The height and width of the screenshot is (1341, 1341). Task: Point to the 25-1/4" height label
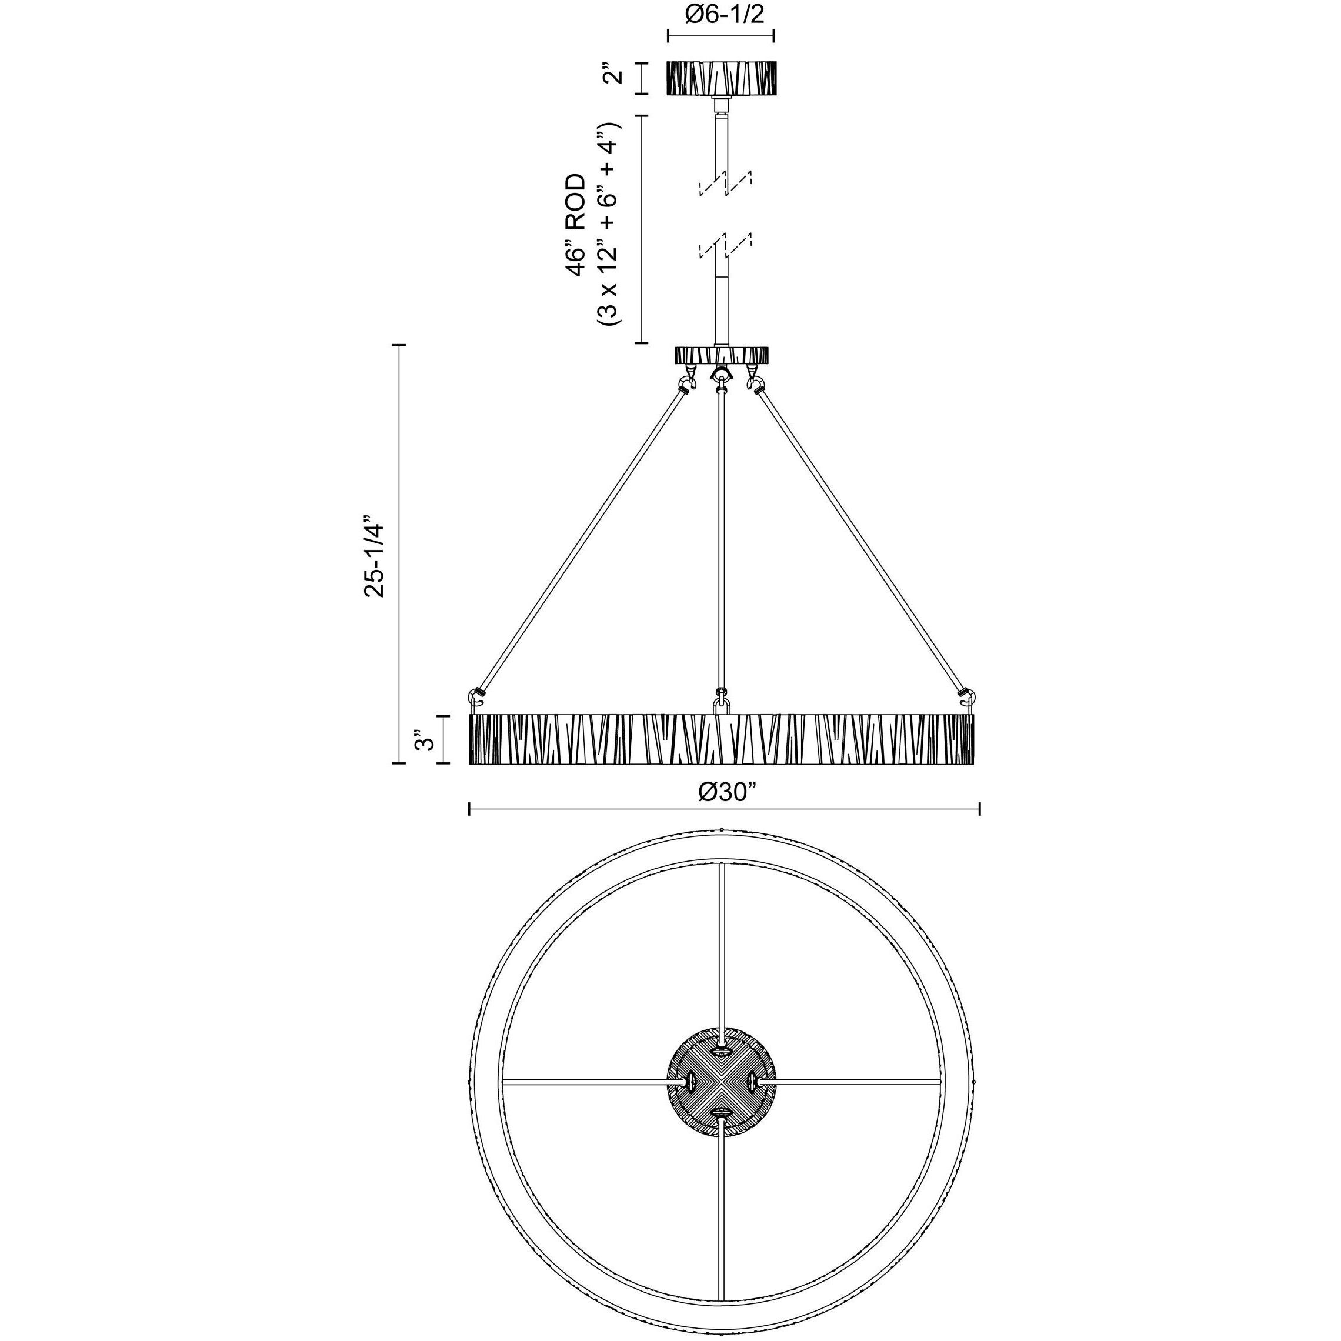375,556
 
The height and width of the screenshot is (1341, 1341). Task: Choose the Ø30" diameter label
727,792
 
